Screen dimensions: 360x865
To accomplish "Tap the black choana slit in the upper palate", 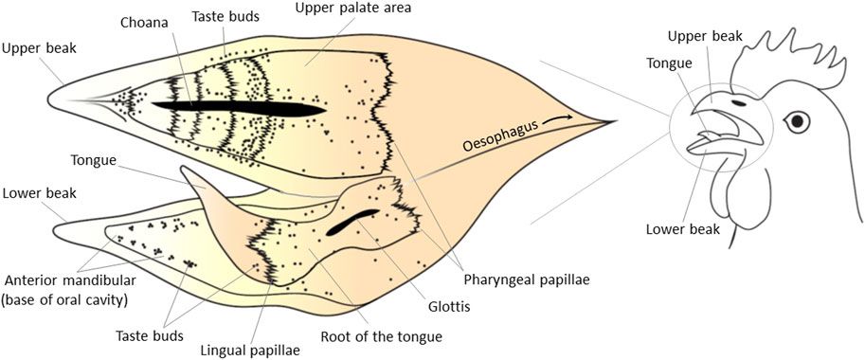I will (237, 107).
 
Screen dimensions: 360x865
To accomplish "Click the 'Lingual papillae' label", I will (251, 350).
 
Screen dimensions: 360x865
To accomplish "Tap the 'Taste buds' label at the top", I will (225, 17).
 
